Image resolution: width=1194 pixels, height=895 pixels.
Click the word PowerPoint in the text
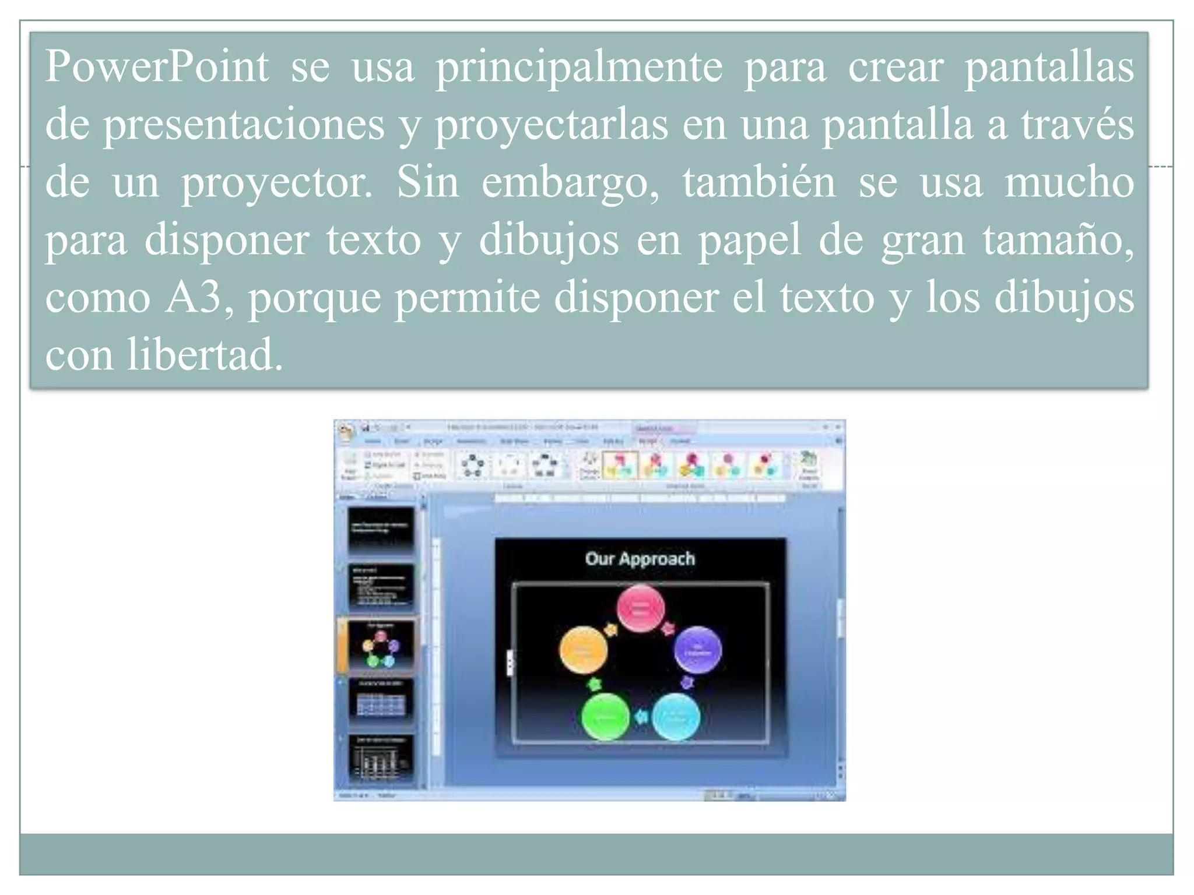[x=157, y=67]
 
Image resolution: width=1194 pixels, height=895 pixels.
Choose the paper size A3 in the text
[x=193, y=297]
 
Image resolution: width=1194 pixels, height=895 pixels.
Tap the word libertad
[x=205, y=354]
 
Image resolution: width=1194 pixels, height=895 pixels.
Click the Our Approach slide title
[x=640, y=559]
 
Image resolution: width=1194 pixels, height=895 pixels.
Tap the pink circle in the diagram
[x=641, y=609]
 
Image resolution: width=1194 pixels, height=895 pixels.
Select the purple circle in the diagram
[x=698, y=650]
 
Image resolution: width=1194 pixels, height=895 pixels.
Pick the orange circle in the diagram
[x=583, y=650]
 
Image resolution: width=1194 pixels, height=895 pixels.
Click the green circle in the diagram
[x=605, y=717]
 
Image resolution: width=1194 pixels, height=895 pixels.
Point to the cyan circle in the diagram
[x=676, y=717]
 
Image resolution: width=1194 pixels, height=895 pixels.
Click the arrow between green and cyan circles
[x=641, y=716]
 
